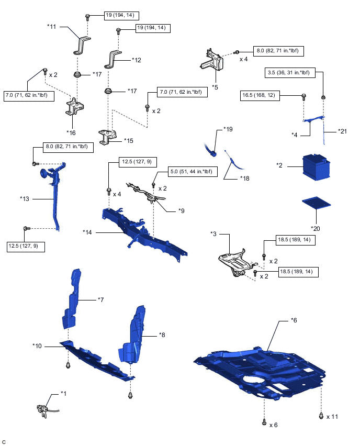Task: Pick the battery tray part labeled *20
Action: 316,203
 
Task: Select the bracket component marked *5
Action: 212,60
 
